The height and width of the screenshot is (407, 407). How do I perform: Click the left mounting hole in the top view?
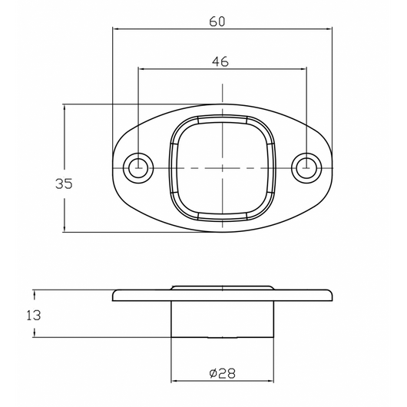[138, 167]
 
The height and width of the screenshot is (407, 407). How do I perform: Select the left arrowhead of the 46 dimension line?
[141, 68]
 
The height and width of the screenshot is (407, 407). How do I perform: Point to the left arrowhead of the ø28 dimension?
[174, 381]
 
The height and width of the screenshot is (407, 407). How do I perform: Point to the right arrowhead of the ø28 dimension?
[272, 381]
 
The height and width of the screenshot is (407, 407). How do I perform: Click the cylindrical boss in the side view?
[223, 319]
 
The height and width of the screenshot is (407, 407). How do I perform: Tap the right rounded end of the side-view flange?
[329, 296]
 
